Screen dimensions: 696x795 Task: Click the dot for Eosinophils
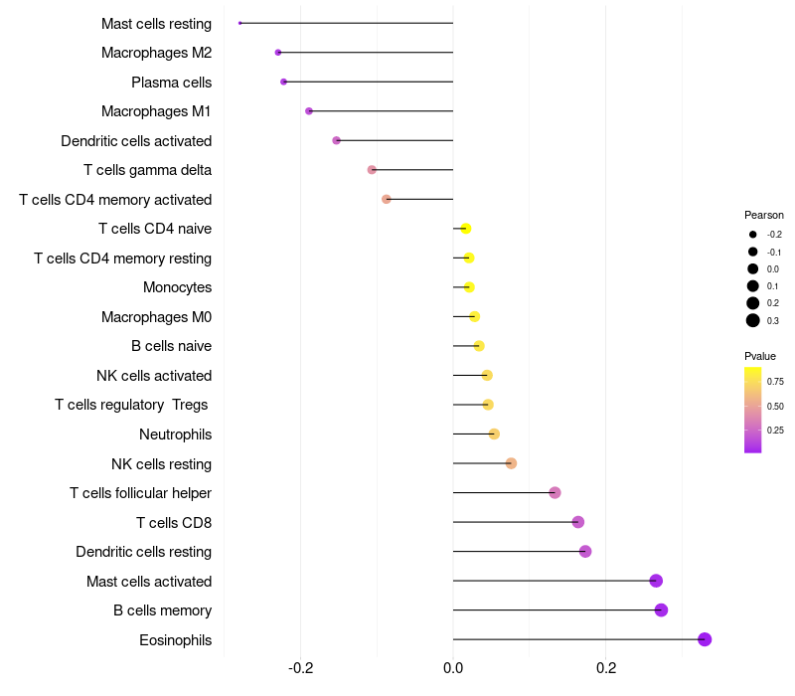(x=705, y=639)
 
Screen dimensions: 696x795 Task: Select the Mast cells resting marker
(x=240, y=23)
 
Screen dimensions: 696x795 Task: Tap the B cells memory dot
(x=661, y=610)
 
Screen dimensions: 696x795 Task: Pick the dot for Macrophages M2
(x=278, y=52)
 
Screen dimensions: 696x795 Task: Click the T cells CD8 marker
(x=578, y=522)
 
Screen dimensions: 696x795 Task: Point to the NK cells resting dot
(x=511, y=463)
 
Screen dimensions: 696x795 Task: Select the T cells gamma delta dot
(x=372, y=170)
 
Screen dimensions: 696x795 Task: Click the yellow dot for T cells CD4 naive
(x=465, y=229)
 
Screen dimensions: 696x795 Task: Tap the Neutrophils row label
(x=175, y=435)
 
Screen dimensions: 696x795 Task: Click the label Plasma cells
(x=171, y=83)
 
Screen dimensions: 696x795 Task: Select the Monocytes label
(x=177, y=287)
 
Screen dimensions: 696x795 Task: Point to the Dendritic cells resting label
(x=143, y=552)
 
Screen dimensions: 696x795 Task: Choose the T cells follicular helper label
(x=140, y=493)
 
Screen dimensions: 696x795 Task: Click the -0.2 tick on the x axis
(x=300, y=667)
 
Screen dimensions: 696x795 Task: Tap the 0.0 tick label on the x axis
(x=453, y=667)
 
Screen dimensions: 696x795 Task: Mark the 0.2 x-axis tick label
(x=605, y=667)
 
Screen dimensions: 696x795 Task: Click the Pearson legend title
(x=764, y=215)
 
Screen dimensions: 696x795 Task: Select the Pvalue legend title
(x=760, y=356)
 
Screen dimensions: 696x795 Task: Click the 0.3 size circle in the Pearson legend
(x=753, y=320)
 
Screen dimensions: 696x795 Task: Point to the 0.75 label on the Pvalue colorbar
(x=775, y=381)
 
